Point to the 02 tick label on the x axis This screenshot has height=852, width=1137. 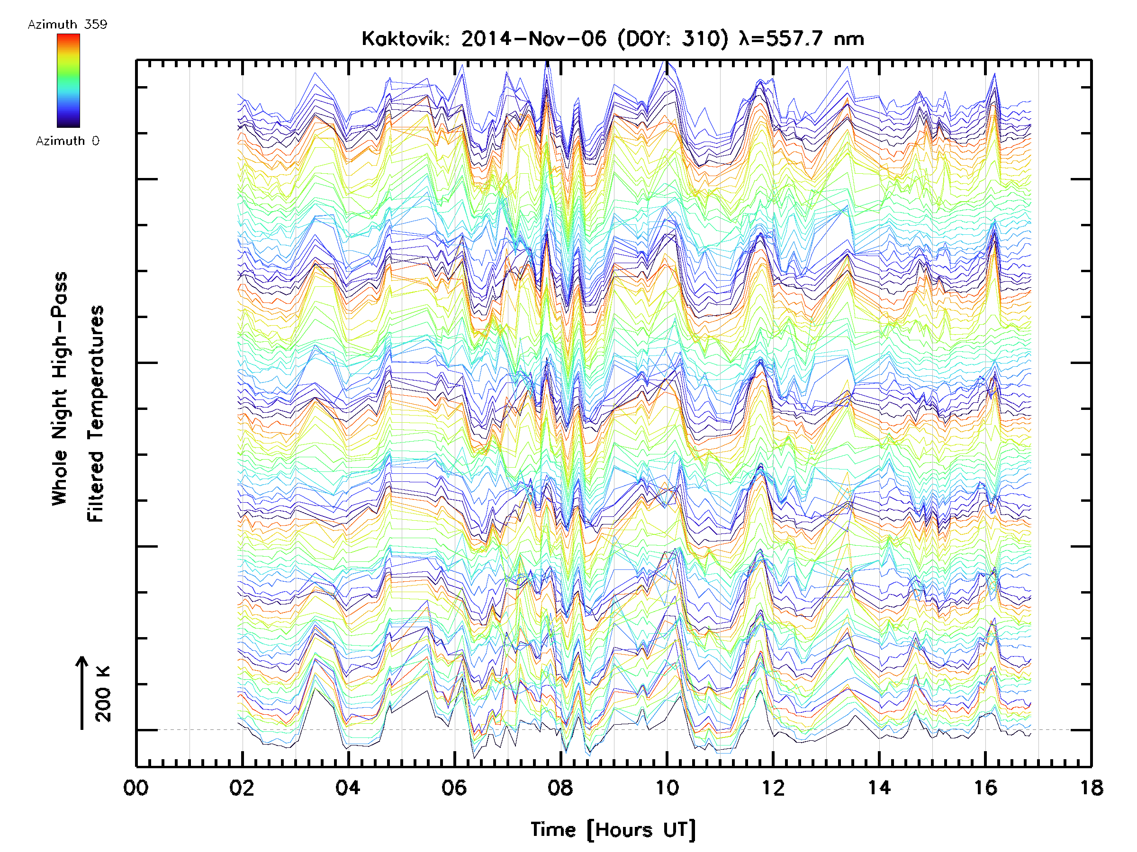(242, 788)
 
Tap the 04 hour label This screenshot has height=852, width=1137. (348, 788)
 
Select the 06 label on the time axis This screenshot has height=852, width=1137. (454, 788)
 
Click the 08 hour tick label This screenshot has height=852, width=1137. (560, 788)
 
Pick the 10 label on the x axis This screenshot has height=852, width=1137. (667, 788)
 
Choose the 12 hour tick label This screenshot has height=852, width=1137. (773, 788)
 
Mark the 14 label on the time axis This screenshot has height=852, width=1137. (879, 788)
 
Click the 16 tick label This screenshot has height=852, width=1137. (985, 788)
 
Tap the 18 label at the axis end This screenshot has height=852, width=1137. (1091, 788)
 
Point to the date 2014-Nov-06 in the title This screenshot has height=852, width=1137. (533, 39)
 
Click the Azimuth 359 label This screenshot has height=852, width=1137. (67, 25)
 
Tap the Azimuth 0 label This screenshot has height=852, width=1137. (67, 141)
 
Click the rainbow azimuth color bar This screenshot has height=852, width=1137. (68, 80)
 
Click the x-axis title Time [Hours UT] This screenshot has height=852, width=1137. (613, 830)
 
